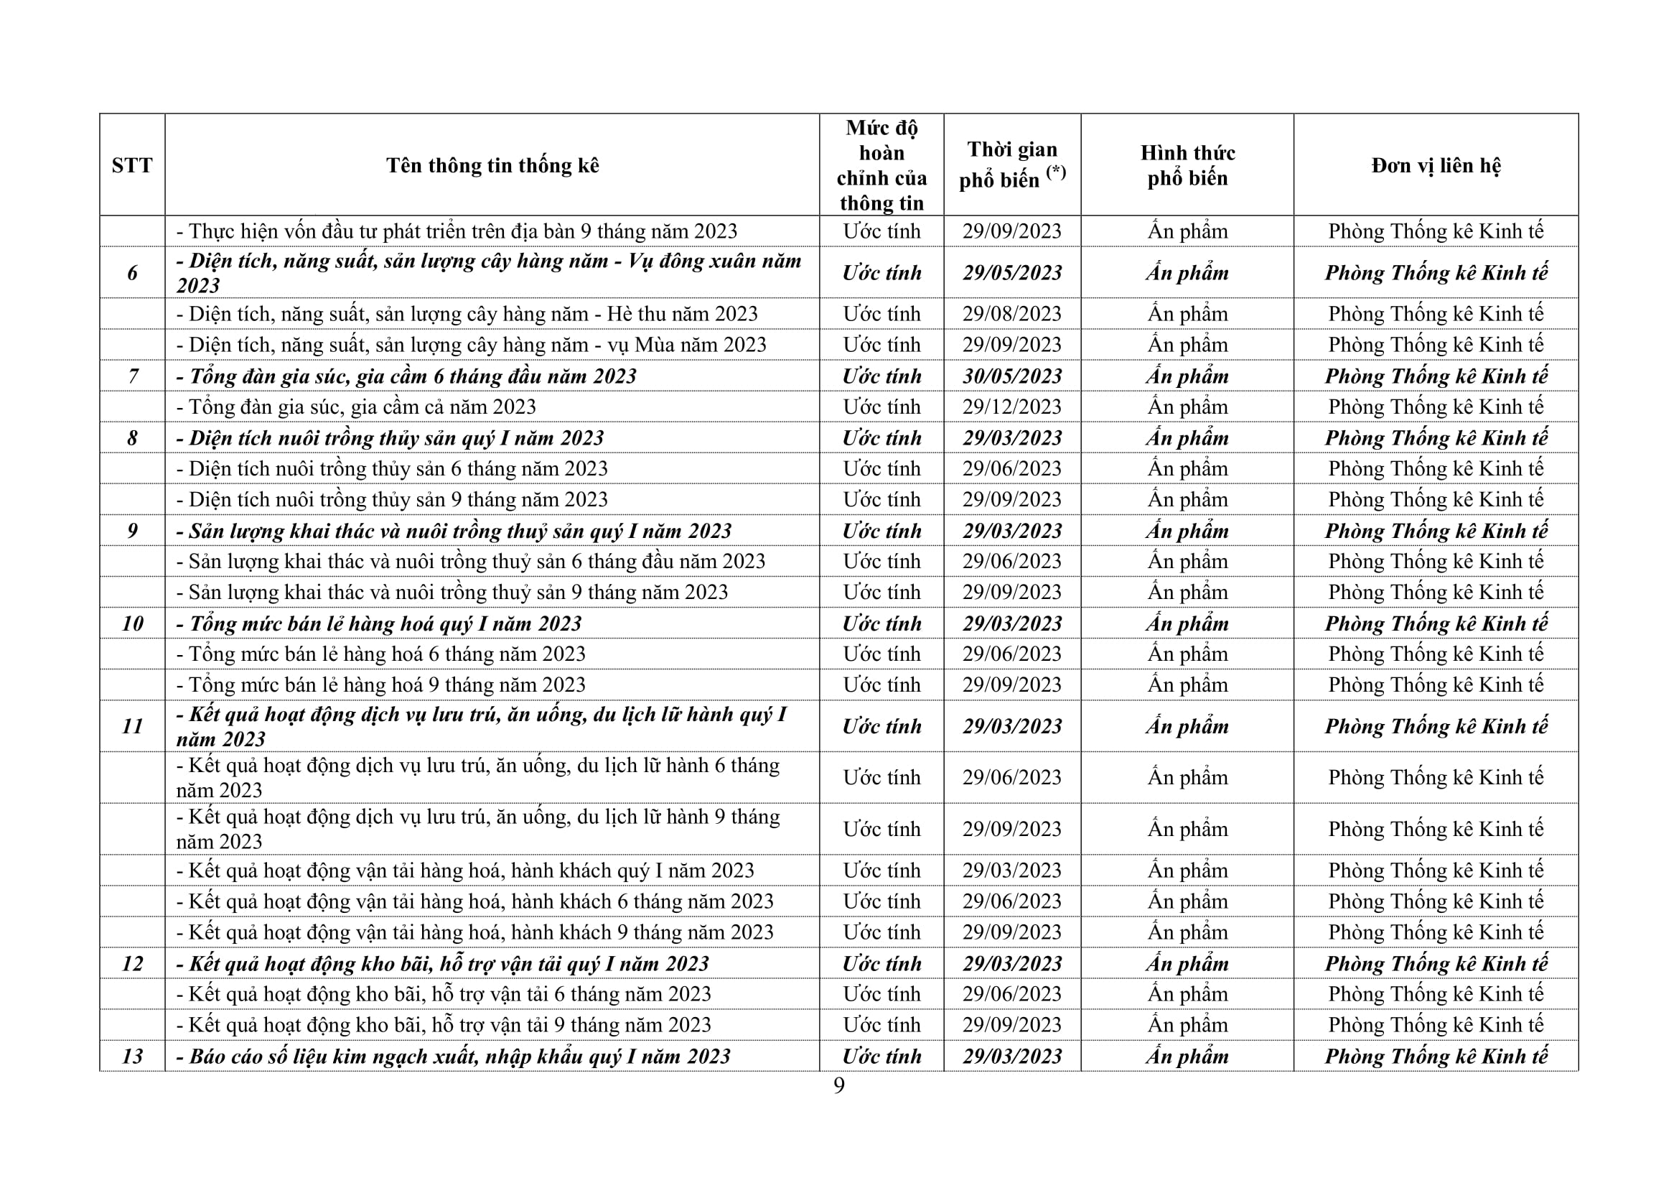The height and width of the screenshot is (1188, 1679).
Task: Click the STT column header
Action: (131, 165)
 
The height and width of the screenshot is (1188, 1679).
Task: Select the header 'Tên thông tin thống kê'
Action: (492, 165)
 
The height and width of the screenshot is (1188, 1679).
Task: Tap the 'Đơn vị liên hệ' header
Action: (1436, 165)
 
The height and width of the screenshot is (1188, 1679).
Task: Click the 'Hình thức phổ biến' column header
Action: (1187, 165)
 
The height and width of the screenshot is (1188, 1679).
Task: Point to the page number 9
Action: (838, 1085)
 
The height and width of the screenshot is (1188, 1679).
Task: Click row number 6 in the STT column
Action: (132, 273)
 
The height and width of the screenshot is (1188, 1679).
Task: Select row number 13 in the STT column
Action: (132, 1057)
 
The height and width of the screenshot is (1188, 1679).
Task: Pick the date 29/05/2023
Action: (1012, 273)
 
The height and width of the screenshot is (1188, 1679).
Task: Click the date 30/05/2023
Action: (1012, 376)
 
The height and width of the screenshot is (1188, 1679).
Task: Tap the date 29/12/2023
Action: (1012, 407)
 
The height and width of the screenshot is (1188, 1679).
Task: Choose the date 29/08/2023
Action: (1012, 314)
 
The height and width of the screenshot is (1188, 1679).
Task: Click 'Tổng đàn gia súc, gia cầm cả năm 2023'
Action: (356, 407)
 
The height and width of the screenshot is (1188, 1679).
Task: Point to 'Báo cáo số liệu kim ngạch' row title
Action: (454, 1057)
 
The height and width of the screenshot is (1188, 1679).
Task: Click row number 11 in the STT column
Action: (132, 726)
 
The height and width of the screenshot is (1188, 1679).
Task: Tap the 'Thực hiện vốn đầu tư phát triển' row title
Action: (457, 231)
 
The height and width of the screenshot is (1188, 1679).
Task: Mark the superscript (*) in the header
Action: (1056, 172)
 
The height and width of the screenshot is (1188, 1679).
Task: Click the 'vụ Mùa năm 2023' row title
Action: (472, 345)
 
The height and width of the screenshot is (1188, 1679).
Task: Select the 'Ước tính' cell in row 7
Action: (881, 376)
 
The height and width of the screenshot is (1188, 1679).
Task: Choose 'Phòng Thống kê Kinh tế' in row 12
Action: (1436, 963)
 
